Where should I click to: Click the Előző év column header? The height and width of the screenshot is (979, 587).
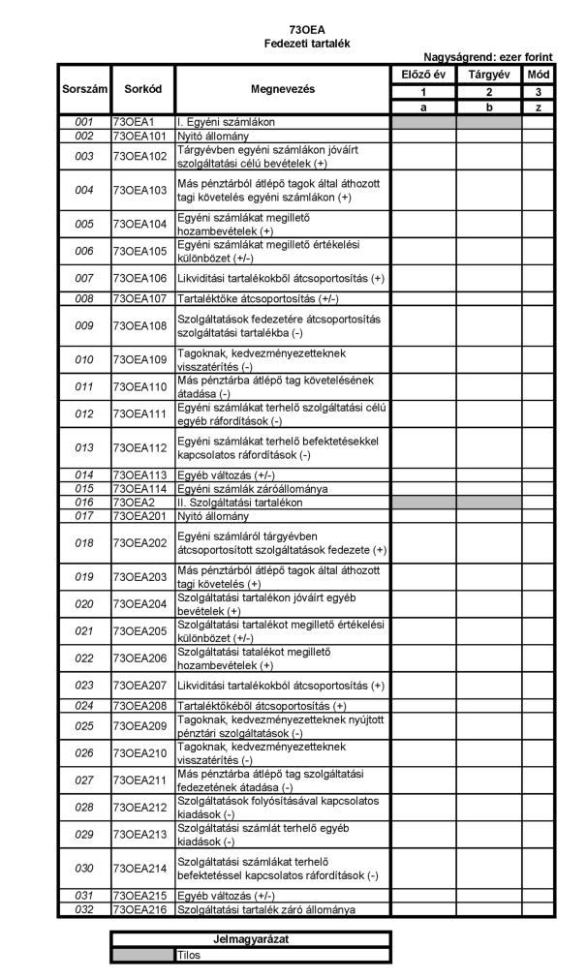pos(423,74)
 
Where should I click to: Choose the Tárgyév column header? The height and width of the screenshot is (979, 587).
pos(489,74)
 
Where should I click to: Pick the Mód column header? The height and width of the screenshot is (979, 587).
pos(538,74)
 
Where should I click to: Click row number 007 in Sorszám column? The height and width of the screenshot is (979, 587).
pos(83,278)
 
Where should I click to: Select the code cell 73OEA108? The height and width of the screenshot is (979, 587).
pos(142,325)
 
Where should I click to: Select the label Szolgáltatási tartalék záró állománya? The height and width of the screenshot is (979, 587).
pos(265,910)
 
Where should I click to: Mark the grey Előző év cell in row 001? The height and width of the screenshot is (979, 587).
pos(423,123)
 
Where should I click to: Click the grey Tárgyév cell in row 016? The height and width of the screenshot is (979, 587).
pos(489,504)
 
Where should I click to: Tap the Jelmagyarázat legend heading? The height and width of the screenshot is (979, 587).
pos(250,939)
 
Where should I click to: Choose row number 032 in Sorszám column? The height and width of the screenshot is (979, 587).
pos(83,910)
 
